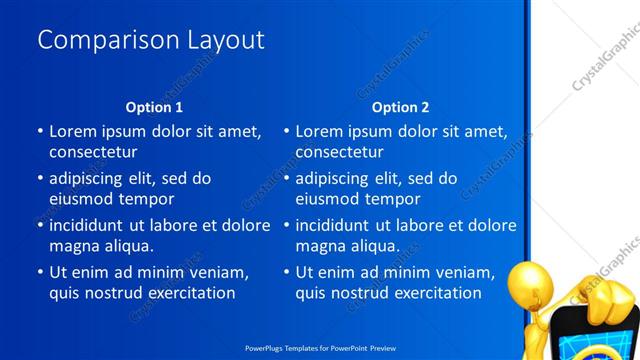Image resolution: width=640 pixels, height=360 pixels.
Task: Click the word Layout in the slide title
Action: (x=224, y=40)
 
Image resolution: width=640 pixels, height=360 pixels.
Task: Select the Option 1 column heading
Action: (x=154, y=107)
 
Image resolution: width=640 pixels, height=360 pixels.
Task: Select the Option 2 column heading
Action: (x=400, y=107)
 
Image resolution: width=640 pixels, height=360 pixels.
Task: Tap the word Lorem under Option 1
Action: (x=73, y=131)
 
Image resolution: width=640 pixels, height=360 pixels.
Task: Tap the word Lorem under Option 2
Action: (x=319, y=131)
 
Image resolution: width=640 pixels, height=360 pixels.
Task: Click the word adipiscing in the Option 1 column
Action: (x=90, y=178)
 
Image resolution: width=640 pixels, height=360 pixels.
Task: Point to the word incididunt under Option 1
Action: (x=94, y=225)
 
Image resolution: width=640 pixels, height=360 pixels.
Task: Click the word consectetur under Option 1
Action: (x=93, y=152)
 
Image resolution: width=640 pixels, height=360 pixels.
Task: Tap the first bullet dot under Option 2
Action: (x=286, y=131)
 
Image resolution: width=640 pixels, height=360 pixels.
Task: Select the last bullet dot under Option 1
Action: (x=40, y=272)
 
